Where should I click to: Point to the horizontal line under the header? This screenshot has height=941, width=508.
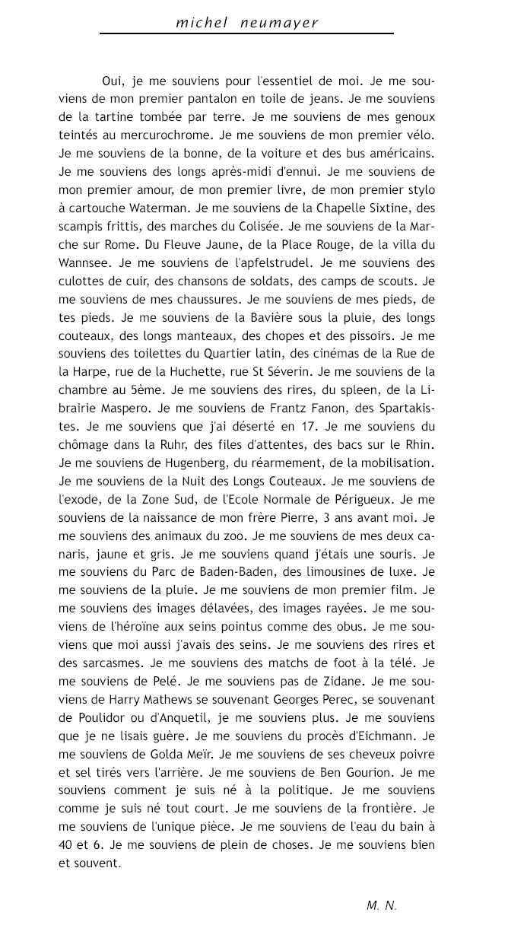click(x=246, y=33)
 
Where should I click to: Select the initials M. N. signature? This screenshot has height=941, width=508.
click(x=381, y=905)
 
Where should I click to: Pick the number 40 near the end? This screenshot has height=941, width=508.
click(x=67, y=846)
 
